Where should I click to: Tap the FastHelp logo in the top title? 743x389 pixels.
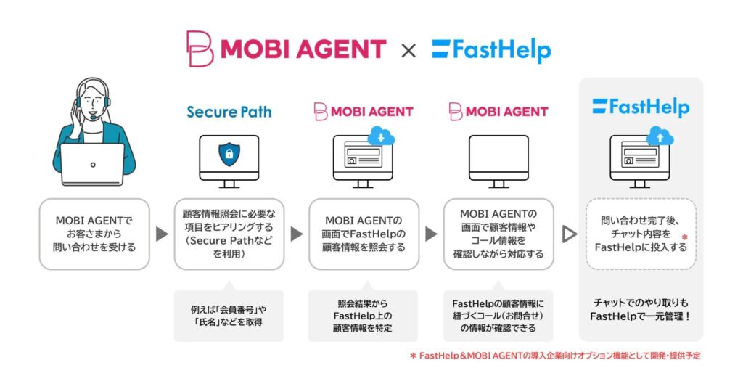pyautogui.click(x=491, y=50)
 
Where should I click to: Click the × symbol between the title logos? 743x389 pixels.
pyautogui.click(x=409, y=50)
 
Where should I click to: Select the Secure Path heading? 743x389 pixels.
pyautogui.click(x=229, y=112)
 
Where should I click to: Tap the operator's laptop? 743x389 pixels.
pyautogui.click(x=92, y=164)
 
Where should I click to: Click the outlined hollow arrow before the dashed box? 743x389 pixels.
pyautogui.click(x=570, y=234)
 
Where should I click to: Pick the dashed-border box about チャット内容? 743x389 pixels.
pyautogui.click(x=640, y=234)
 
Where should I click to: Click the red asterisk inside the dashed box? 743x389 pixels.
pyautogui.click(x=684, y=237)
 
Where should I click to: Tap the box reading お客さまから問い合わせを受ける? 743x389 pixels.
pyautogui.click(x=94, y=234)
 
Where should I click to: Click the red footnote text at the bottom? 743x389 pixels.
pyautogui.click(x=554, y=356)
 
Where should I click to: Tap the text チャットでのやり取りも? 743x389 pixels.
pyautogui.click(x=640, y=301)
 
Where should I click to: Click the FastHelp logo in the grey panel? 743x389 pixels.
pyautogui.click(x=640, y=107)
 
